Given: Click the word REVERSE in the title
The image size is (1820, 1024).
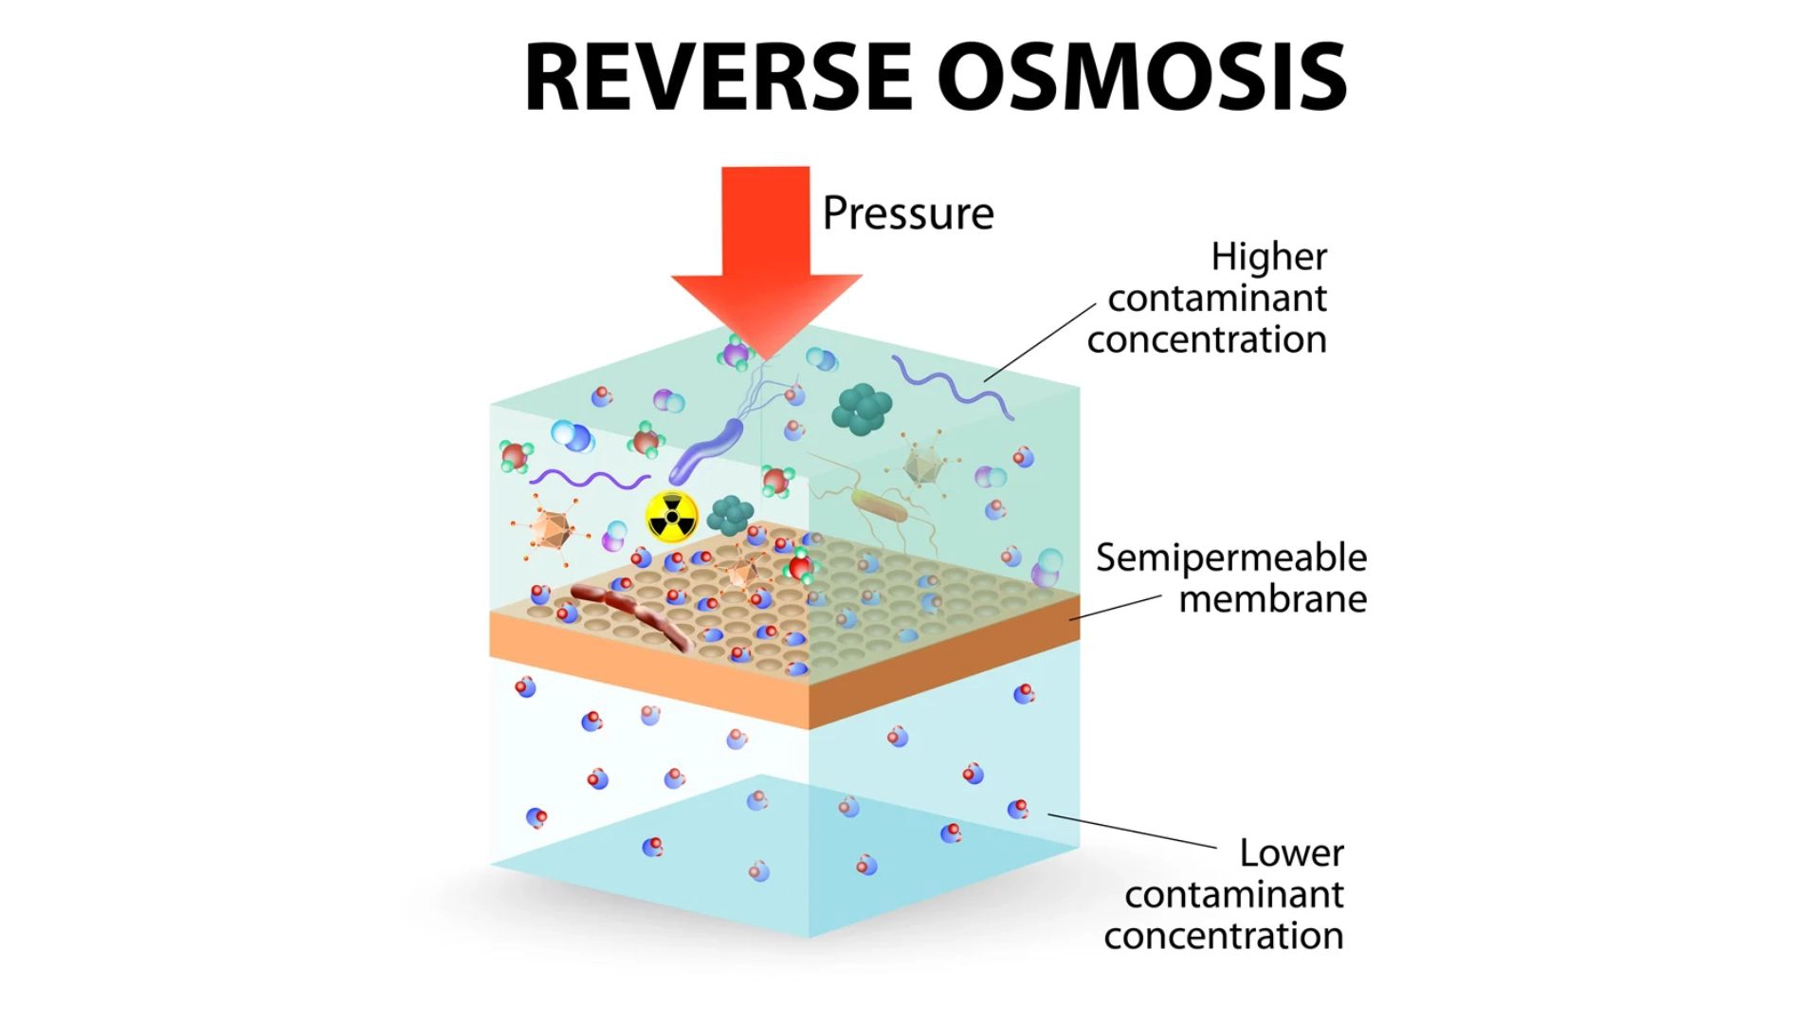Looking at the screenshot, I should [718, 78].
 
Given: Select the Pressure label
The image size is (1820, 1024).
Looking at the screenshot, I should [907, 213].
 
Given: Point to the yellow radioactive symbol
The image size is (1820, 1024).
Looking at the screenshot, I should [671, 517].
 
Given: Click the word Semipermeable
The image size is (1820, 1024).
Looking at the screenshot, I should [1230, 558].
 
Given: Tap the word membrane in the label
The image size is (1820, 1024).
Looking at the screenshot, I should [1272, 599].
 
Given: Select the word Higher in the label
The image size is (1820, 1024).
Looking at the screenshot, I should [1268, 257].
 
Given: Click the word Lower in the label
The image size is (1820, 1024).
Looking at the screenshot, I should [1291, 853].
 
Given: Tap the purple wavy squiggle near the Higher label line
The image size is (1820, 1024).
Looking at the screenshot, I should [951, 384].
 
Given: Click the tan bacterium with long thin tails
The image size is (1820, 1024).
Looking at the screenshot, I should [879, 507].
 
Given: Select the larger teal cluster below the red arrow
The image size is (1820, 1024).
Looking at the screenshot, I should [862, 409].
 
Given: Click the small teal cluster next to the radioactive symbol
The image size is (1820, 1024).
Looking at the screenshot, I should [730, 515].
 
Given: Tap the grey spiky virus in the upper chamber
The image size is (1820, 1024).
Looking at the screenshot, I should [921, 465].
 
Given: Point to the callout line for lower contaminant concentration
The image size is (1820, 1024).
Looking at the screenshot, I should [1132, 831].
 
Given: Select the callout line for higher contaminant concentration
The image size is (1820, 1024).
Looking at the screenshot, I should [1040, 343].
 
